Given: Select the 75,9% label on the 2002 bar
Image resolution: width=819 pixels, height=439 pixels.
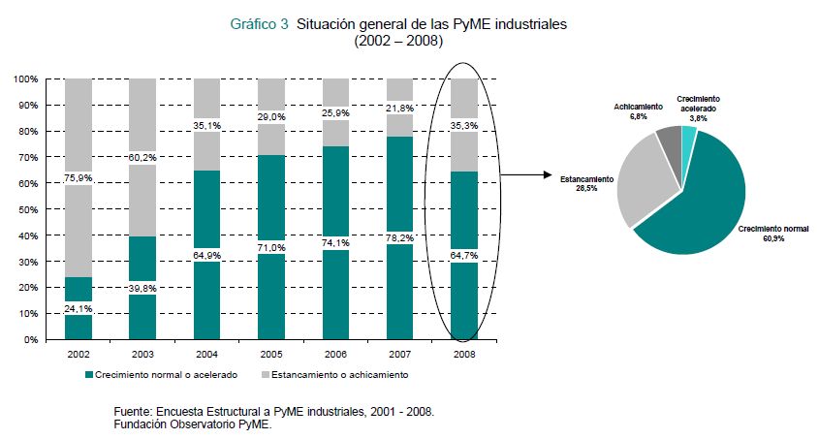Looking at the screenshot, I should pos(79,177).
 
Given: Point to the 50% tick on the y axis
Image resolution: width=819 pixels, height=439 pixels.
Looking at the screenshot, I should pos(27,209).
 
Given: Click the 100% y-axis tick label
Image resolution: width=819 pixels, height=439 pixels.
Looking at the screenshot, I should pos(25,78).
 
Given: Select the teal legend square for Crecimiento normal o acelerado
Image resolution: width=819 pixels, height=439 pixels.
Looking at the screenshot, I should pos(89,374).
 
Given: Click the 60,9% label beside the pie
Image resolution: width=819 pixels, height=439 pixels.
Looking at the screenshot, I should pos(773,237).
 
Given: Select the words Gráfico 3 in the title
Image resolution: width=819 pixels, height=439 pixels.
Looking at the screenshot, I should pos(259,25).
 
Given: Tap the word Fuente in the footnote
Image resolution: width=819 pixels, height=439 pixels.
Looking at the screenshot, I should pos(134,412).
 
